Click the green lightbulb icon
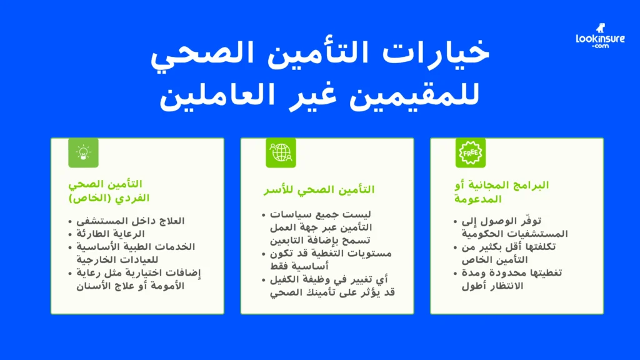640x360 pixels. tap(83, 152)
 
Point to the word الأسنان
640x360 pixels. tap(94, 286)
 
